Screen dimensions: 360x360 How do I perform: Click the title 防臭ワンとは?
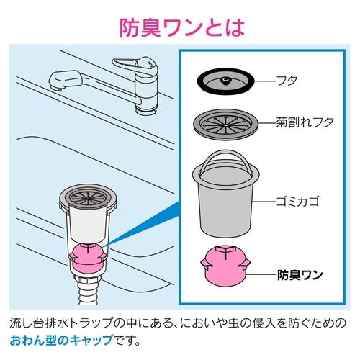pyautogui.click(x=180, y=27)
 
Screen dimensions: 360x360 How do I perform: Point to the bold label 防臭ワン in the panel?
pyautogui.click(x=300, y=274)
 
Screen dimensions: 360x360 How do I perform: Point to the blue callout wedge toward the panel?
pyautogui.click(x=144, y=230)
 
